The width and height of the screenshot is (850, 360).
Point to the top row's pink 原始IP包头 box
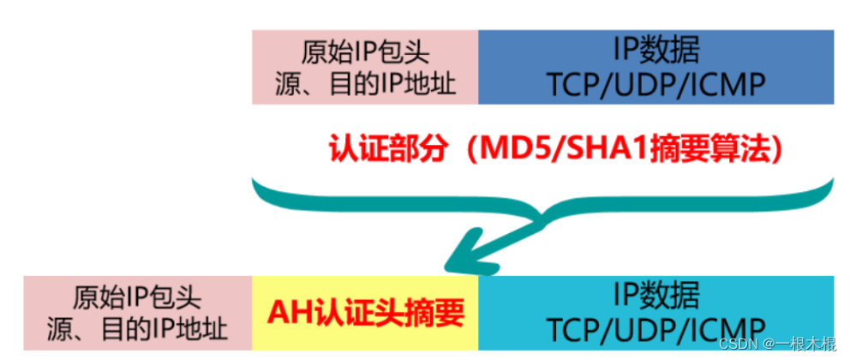pyautogui.click(x=365, y=67)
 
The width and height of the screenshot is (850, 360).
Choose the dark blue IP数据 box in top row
pyautogui.click(x=655, y=67)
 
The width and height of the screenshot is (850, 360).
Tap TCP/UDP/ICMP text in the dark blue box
pyautogui.click(x=655, y=84)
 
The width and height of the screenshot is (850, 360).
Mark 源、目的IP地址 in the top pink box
pyautogui.click(x=365, y=84)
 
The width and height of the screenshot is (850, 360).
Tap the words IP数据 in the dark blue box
pyautogui.click(x=655, y=51)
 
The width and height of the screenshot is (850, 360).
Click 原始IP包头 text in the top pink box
pyautogui.click(x=365, y=51)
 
